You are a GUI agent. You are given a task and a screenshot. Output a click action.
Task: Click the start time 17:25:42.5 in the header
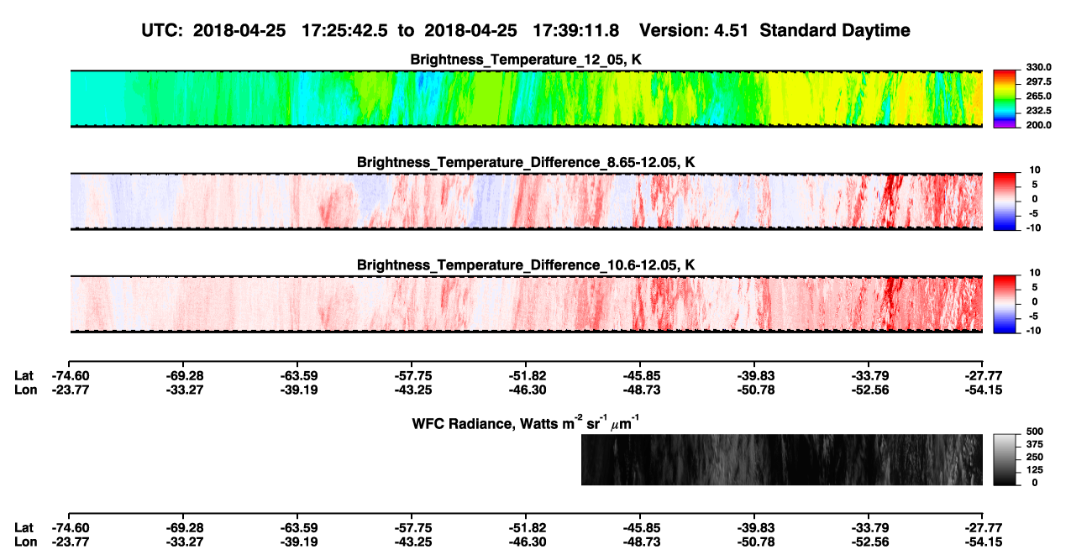tap(344, 30)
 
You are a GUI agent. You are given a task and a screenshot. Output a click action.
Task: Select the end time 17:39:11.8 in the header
tap(575, 30)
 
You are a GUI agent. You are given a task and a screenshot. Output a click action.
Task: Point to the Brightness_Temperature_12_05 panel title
tap(526, 60)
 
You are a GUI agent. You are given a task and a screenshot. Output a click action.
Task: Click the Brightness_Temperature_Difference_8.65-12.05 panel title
tap(526, 162)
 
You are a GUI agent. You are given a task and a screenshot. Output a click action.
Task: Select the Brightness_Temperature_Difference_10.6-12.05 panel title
tap(526, 265)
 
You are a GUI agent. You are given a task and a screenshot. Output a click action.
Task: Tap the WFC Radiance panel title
tap(526, 422)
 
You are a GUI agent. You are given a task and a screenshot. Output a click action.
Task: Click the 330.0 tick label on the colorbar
tap(1038, 67)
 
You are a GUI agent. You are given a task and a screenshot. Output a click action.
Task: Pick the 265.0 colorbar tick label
tap(1038, 96)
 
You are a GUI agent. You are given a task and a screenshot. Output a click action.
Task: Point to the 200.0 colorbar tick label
tap(1038, 125)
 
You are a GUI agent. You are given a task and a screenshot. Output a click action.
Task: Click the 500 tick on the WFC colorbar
tap(1034, 432)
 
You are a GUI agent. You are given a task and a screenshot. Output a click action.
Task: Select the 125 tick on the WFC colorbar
tap(1034, 470)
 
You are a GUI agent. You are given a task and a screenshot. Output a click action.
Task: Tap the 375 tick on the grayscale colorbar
tap(1034, 444)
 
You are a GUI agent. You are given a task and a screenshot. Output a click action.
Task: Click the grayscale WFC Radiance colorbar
tap(1005, 459)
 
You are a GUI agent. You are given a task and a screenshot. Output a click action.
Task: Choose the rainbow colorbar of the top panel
tap(1005, 99)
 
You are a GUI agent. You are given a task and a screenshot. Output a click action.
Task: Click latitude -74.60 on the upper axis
tap(71, 376)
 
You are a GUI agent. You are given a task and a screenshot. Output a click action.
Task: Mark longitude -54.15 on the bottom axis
tap(984, 542)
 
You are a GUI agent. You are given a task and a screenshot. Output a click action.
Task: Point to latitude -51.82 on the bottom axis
tap(527, 528)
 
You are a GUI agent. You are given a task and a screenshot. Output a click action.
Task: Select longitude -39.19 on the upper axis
tap(299, 390)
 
